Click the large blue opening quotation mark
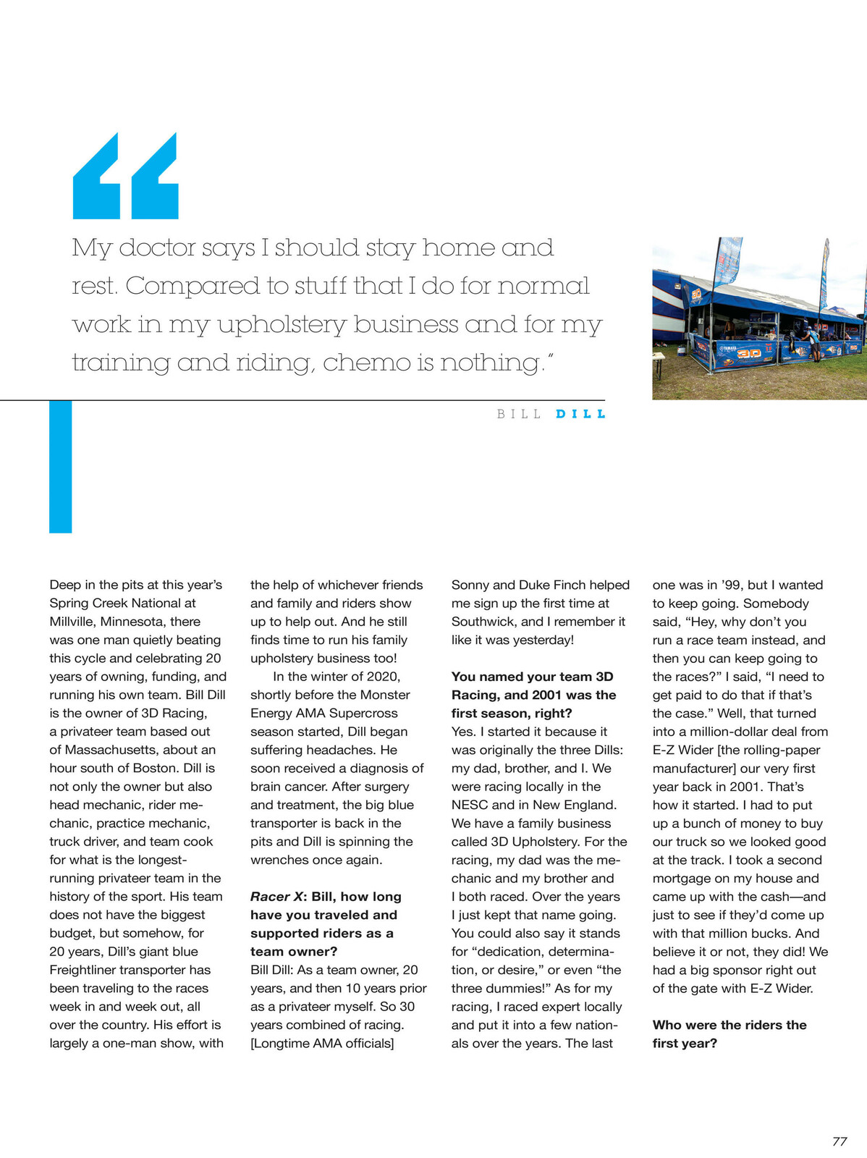[125, 176]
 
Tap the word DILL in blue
[580, 414]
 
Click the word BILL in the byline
[519, 414]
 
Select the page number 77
[839, 1141]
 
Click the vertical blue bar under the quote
[60, 467]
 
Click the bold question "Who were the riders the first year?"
[729, 1034]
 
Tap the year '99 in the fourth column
[735, 585]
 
